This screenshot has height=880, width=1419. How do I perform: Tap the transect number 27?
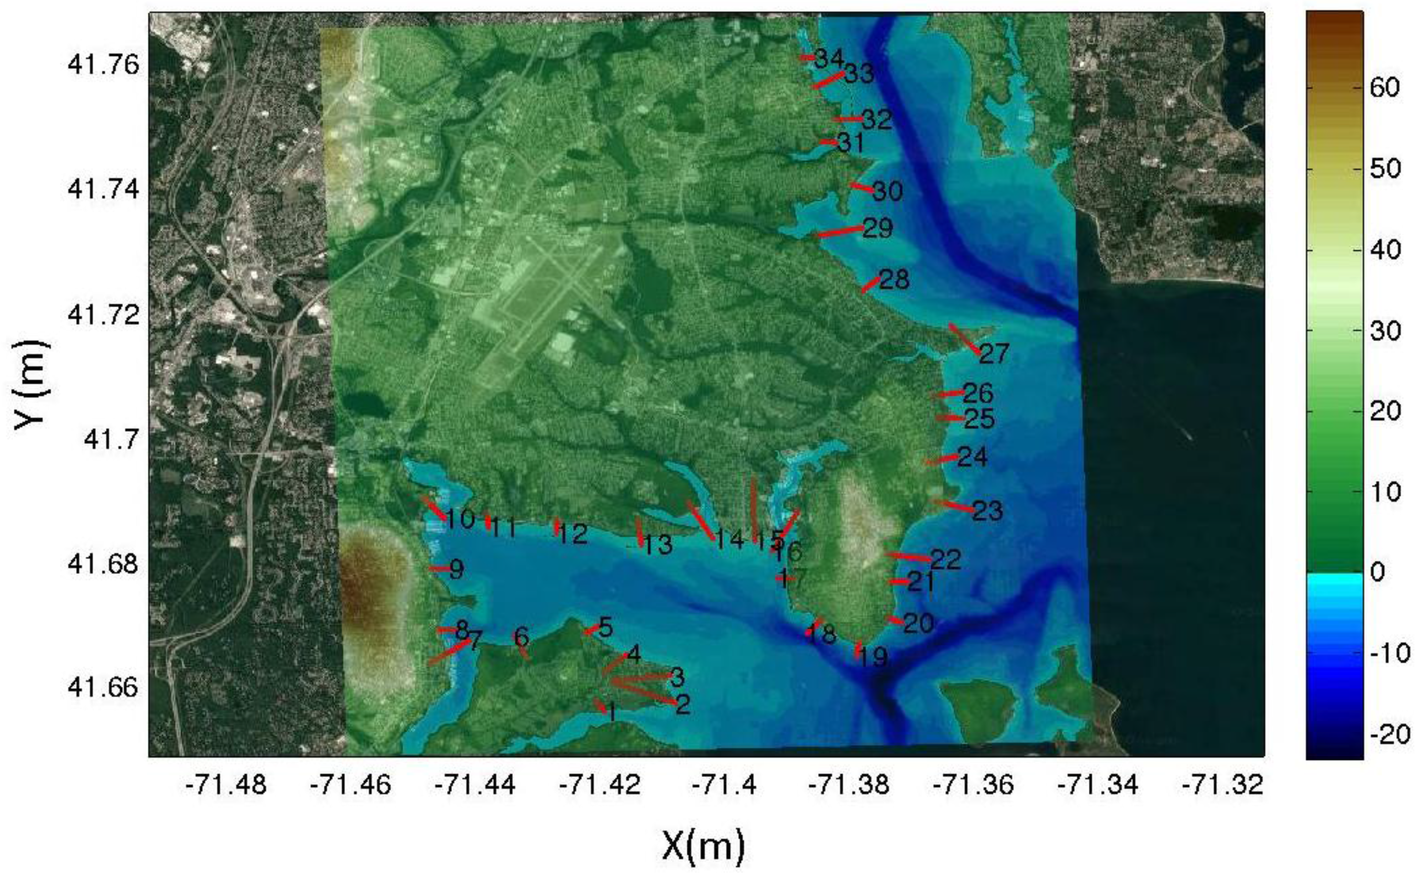(994, 353)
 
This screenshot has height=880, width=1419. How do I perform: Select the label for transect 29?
(877, 227)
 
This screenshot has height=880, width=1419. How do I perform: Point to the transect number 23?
(988, 511)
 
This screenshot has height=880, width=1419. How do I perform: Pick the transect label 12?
(573, 534)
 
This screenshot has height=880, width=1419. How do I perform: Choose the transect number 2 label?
(682, 705)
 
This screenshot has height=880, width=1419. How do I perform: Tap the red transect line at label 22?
(908, 556)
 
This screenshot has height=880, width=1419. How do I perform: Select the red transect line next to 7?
(450, 652)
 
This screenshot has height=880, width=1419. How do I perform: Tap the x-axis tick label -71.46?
(350, 785)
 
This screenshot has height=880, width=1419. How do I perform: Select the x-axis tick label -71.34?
(1097, 785)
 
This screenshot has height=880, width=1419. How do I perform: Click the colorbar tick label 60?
(1384, 88)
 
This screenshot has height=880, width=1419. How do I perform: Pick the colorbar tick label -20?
(1390, 734)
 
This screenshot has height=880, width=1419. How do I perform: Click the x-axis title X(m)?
(703, 846)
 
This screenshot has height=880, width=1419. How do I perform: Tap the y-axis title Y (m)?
(30, 385)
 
